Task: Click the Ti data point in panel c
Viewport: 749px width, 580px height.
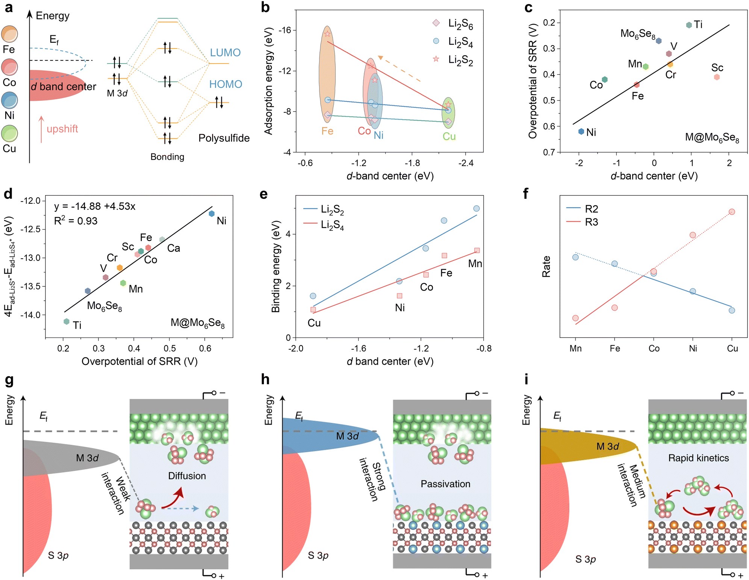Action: [x=689, y=25]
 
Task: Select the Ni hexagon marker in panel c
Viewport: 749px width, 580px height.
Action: [x=581, y=132]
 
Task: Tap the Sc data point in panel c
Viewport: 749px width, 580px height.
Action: [x=717, y=77]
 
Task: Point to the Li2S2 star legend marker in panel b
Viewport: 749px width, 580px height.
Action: [x=436, y=59]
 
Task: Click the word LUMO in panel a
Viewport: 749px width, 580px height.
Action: [x=225, y=53]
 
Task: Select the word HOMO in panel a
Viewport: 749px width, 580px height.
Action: [x=225, y=84]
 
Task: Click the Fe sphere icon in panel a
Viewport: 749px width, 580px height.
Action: [x=9, y=34]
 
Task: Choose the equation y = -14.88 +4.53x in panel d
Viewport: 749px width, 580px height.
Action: [x=95, y=206]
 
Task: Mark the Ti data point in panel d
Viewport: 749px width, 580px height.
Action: [x=67, y=321]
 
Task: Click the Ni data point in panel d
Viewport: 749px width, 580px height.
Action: [x=212, y=214]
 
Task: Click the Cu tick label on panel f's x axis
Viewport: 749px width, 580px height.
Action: [x=732, y=348]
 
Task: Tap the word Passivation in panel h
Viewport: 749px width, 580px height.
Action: [x=445, y=484]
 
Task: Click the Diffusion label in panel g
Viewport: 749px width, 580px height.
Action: [x=187, y=476]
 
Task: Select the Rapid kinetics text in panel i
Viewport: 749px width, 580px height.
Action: [x=698, y=458]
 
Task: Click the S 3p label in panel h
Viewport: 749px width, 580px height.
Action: [x=318, y=556]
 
